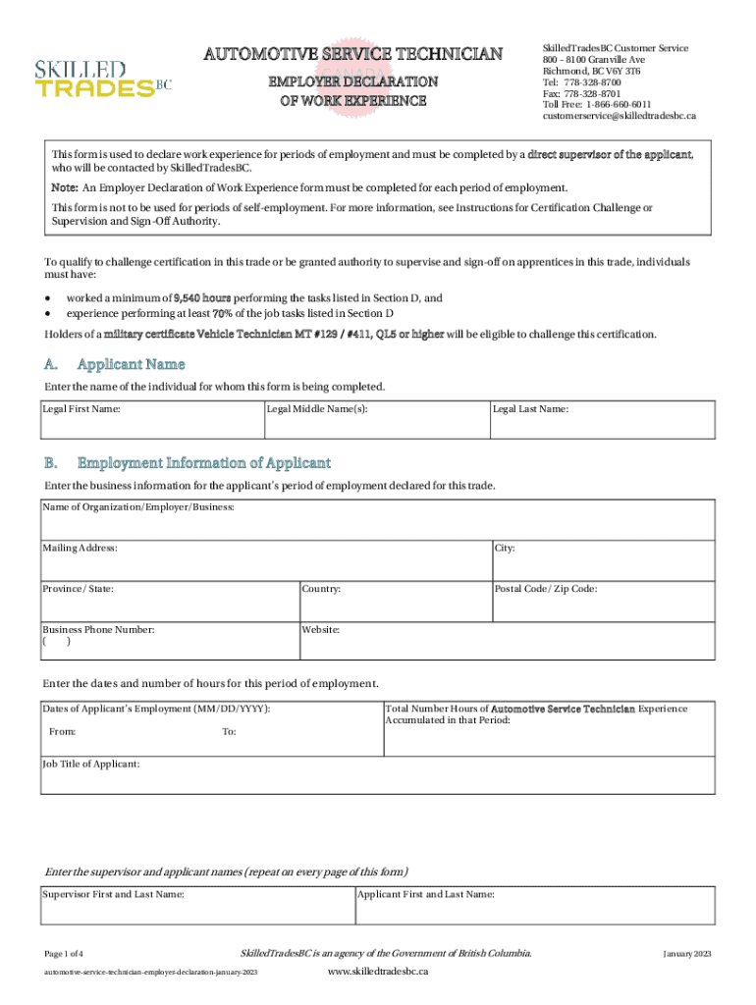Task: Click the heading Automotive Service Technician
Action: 352,54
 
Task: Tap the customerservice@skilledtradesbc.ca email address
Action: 620,116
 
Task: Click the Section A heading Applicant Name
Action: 131,365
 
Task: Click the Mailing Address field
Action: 265,561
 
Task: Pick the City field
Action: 601,561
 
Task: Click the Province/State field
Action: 169,602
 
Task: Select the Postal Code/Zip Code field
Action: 601,602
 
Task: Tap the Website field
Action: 506,641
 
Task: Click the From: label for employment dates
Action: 63,732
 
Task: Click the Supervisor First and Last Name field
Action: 196,907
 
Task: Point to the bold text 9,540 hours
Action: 202,297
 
